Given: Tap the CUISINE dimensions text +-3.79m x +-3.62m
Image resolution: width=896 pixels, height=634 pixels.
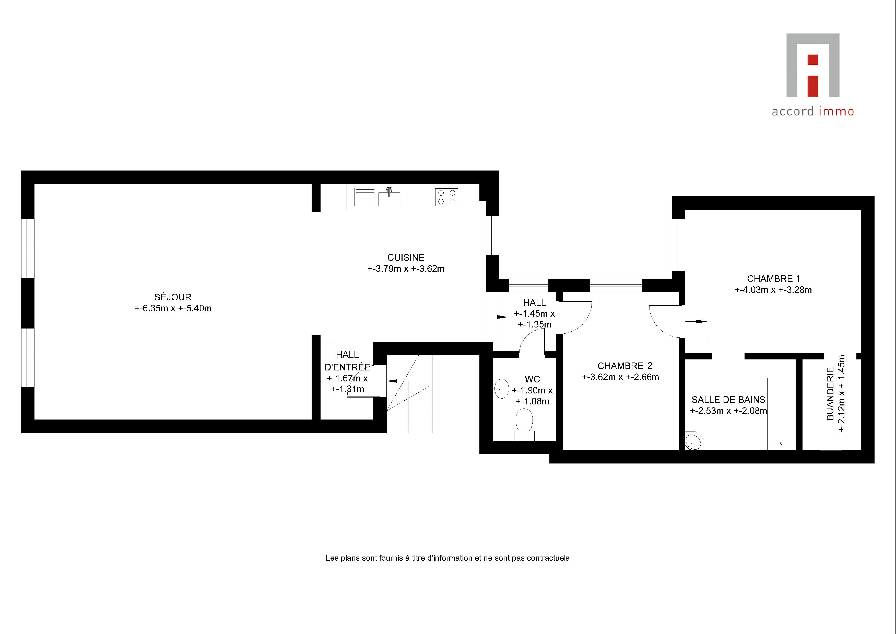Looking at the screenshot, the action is (x=406, y=269).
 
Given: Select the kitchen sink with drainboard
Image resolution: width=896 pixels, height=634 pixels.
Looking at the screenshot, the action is (x=377, y=197).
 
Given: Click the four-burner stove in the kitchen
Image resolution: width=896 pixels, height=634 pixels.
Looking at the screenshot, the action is (x=446, y=197).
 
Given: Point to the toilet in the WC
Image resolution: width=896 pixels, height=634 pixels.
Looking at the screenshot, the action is (x=524, y=425).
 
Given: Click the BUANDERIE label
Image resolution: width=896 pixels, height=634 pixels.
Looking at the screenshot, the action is (x=830, y=393).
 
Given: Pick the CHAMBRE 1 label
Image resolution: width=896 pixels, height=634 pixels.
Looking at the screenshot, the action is (x=773, y=279).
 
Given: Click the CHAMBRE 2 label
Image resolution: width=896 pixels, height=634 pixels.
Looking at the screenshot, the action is (x=625, y=366).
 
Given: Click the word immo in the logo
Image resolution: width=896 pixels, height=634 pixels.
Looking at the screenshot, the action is (x=837, y=111).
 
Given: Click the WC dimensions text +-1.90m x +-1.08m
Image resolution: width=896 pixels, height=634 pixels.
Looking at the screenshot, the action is (x=532, y=396).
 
